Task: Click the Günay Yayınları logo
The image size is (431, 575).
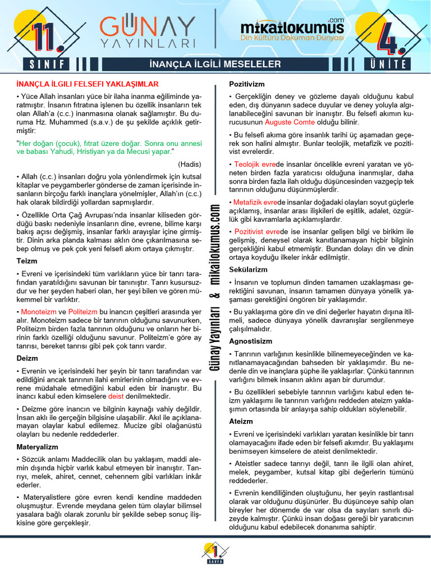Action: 147,30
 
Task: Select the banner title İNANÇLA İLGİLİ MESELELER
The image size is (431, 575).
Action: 216,64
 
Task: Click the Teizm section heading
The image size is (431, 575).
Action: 27,261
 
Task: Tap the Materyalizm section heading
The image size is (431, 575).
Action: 37,446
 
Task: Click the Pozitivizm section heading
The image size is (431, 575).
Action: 247,84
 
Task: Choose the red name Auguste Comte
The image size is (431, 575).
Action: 290,122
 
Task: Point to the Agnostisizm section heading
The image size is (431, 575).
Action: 250,341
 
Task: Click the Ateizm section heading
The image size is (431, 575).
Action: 241,421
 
